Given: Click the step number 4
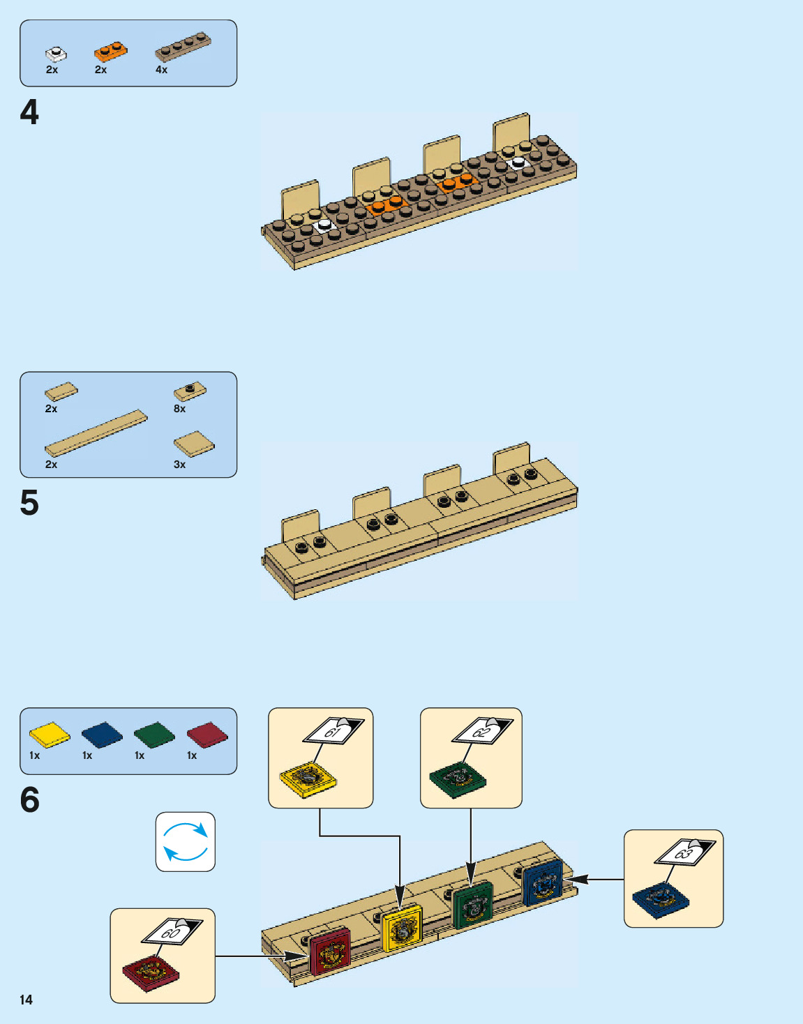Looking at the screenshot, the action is point(29,112).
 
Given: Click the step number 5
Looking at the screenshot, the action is point(29,503).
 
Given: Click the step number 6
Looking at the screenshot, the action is point(29,800).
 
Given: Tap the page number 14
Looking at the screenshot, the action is point(26,1000).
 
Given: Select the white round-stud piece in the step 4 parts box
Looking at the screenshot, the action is point(56,53).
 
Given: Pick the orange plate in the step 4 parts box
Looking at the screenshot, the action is point(111,51).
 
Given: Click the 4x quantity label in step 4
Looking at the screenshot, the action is point(161,70).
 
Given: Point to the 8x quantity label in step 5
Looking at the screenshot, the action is point(179,409).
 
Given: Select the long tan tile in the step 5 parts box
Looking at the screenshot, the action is point(96,433).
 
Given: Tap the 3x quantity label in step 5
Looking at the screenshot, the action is point(179,465).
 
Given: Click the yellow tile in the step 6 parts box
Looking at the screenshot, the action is point(50,735).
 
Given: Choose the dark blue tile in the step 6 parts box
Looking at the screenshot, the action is point(102,735).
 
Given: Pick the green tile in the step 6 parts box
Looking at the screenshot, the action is point(154,735).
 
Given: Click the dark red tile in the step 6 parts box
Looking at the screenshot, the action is point(207,735).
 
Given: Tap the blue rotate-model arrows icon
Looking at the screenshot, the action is point(185,841).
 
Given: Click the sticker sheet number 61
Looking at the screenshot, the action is point(333,731).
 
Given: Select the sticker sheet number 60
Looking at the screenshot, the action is point(172,931).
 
